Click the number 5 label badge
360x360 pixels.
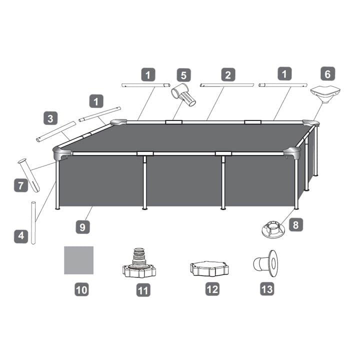click(183, 75)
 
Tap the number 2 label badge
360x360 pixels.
click(228, 74)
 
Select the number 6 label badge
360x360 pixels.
click(328, 74)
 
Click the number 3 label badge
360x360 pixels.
click(50, 118)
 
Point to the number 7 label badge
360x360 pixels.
click(21, 185)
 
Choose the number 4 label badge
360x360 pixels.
click(21, 236)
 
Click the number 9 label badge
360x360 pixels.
click(82, 227)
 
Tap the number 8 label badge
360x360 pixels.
click(296, 224)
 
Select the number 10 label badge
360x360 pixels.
click(81, 289)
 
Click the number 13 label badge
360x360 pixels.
click(267, 289)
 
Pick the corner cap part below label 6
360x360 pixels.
click(325, 94)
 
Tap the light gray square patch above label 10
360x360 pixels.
click(79, 260)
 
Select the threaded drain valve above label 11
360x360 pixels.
click(139, 263)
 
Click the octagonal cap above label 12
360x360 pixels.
click(209, 268)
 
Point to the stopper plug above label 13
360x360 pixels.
click(265, 263)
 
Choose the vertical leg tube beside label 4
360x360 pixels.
click(33, 223)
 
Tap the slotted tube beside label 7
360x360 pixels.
click(29, 175)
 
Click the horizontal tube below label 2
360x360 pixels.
click(227, 85)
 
